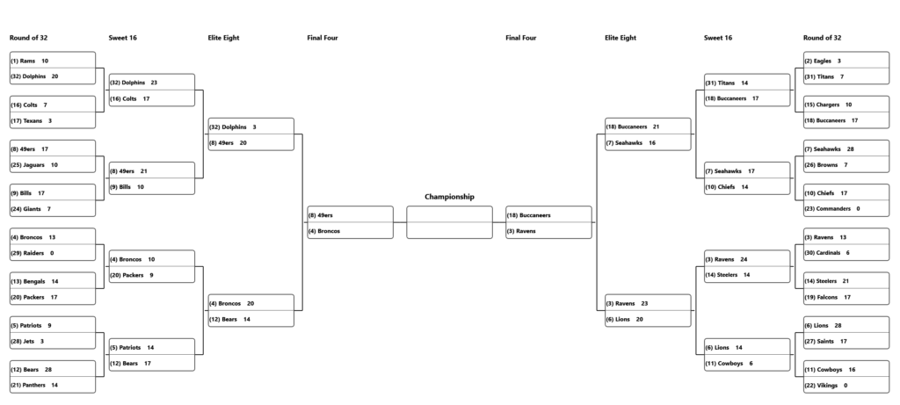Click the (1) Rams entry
pyautogui.click(x=52, y=61)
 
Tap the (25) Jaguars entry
pyautogui.click(x=52, y=164)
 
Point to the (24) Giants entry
pyautogui.click(x=52, y=209)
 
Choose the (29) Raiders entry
pyautogui.click(x=52, y=253)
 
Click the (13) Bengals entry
pyautogui.click(x=52, y=281)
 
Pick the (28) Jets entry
pyautogui.click(x=52, y=342)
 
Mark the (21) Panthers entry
pyautogui.click(x=52, y=385)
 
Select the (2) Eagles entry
pyautogui.click(x=846, y=61)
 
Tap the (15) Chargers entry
pyautogui.click(x=846, y=105)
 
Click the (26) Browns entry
pyautogui.click(x=846, y=164)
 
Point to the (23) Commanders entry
pyautogui.click(x=846, y=209)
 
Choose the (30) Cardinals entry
pyautogui.click(x=846, y=253)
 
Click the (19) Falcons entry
pyautogui.click(x=846, y=297)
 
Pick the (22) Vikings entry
pyautogui.click(x=846, y=385)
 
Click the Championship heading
pyautogui.click(x=449, y=197)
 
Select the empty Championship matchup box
pyautogui.click(x=449, y=222)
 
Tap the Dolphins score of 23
pyautogui.click(x=154, y=83)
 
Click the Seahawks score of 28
pyautogui.click(x=850, y=149)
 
